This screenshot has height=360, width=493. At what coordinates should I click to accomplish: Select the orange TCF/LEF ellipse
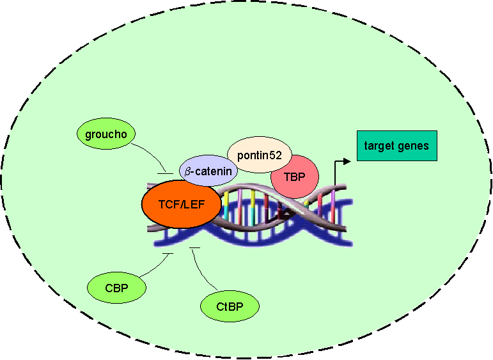(x=181, y=205)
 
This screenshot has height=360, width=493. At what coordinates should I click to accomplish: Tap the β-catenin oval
(x=208, y=171)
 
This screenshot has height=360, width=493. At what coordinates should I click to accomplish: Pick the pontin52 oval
(x=260, y=154)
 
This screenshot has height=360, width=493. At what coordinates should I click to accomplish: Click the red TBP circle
(x=295, y=176)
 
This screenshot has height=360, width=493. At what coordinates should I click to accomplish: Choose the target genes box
(x=396, y=146)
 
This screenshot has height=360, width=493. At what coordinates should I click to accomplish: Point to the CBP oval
(x=117, y=287)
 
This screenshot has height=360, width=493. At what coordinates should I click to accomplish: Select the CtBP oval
(x=230, y=306)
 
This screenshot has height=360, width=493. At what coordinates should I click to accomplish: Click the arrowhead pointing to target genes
(x=347, y=161)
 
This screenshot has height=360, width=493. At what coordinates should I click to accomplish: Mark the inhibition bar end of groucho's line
(x=166, y=173)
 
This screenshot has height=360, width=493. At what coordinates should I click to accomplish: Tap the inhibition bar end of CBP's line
(x=168, y=254)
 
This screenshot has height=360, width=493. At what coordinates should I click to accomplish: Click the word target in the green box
(x=380, y=146)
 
